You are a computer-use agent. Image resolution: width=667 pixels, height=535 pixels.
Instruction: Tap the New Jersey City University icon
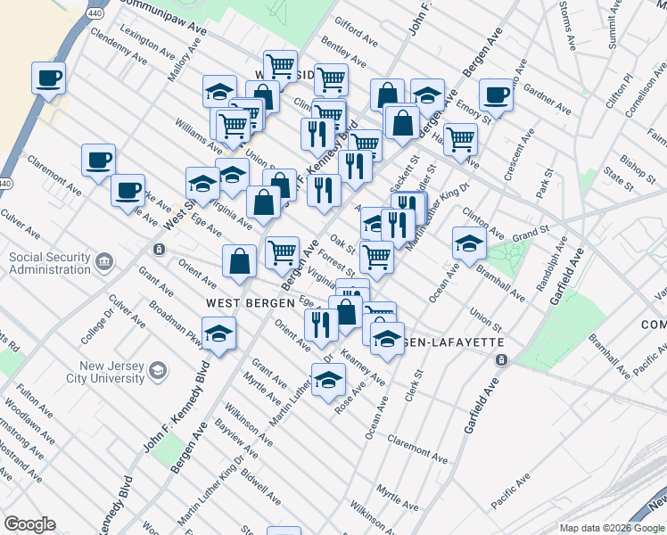click(x=158, y=370)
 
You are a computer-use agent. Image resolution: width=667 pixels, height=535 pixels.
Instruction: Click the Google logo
click(x=29, y=524)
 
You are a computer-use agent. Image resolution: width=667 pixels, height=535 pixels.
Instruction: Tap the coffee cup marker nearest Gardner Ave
click(x=496, y=94)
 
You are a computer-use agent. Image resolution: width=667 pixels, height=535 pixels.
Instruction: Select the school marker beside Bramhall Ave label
click(x=469, y=243)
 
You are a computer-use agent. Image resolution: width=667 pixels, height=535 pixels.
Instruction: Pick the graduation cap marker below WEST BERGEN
click(x=218, y=333)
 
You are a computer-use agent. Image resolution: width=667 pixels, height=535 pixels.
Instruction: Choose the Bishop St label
click(x=613, y=167)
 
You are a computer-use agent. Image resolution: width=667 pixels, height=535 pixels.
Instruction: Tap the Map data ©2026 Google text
click(x=611, y=528)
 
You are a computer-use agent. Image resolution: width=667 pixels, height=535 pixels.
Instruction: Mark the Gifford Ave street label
click(x=356, y=35)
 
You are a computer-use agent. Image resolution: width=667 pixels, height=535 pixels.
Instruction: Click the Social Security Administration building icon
click(x=105, y=261)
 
